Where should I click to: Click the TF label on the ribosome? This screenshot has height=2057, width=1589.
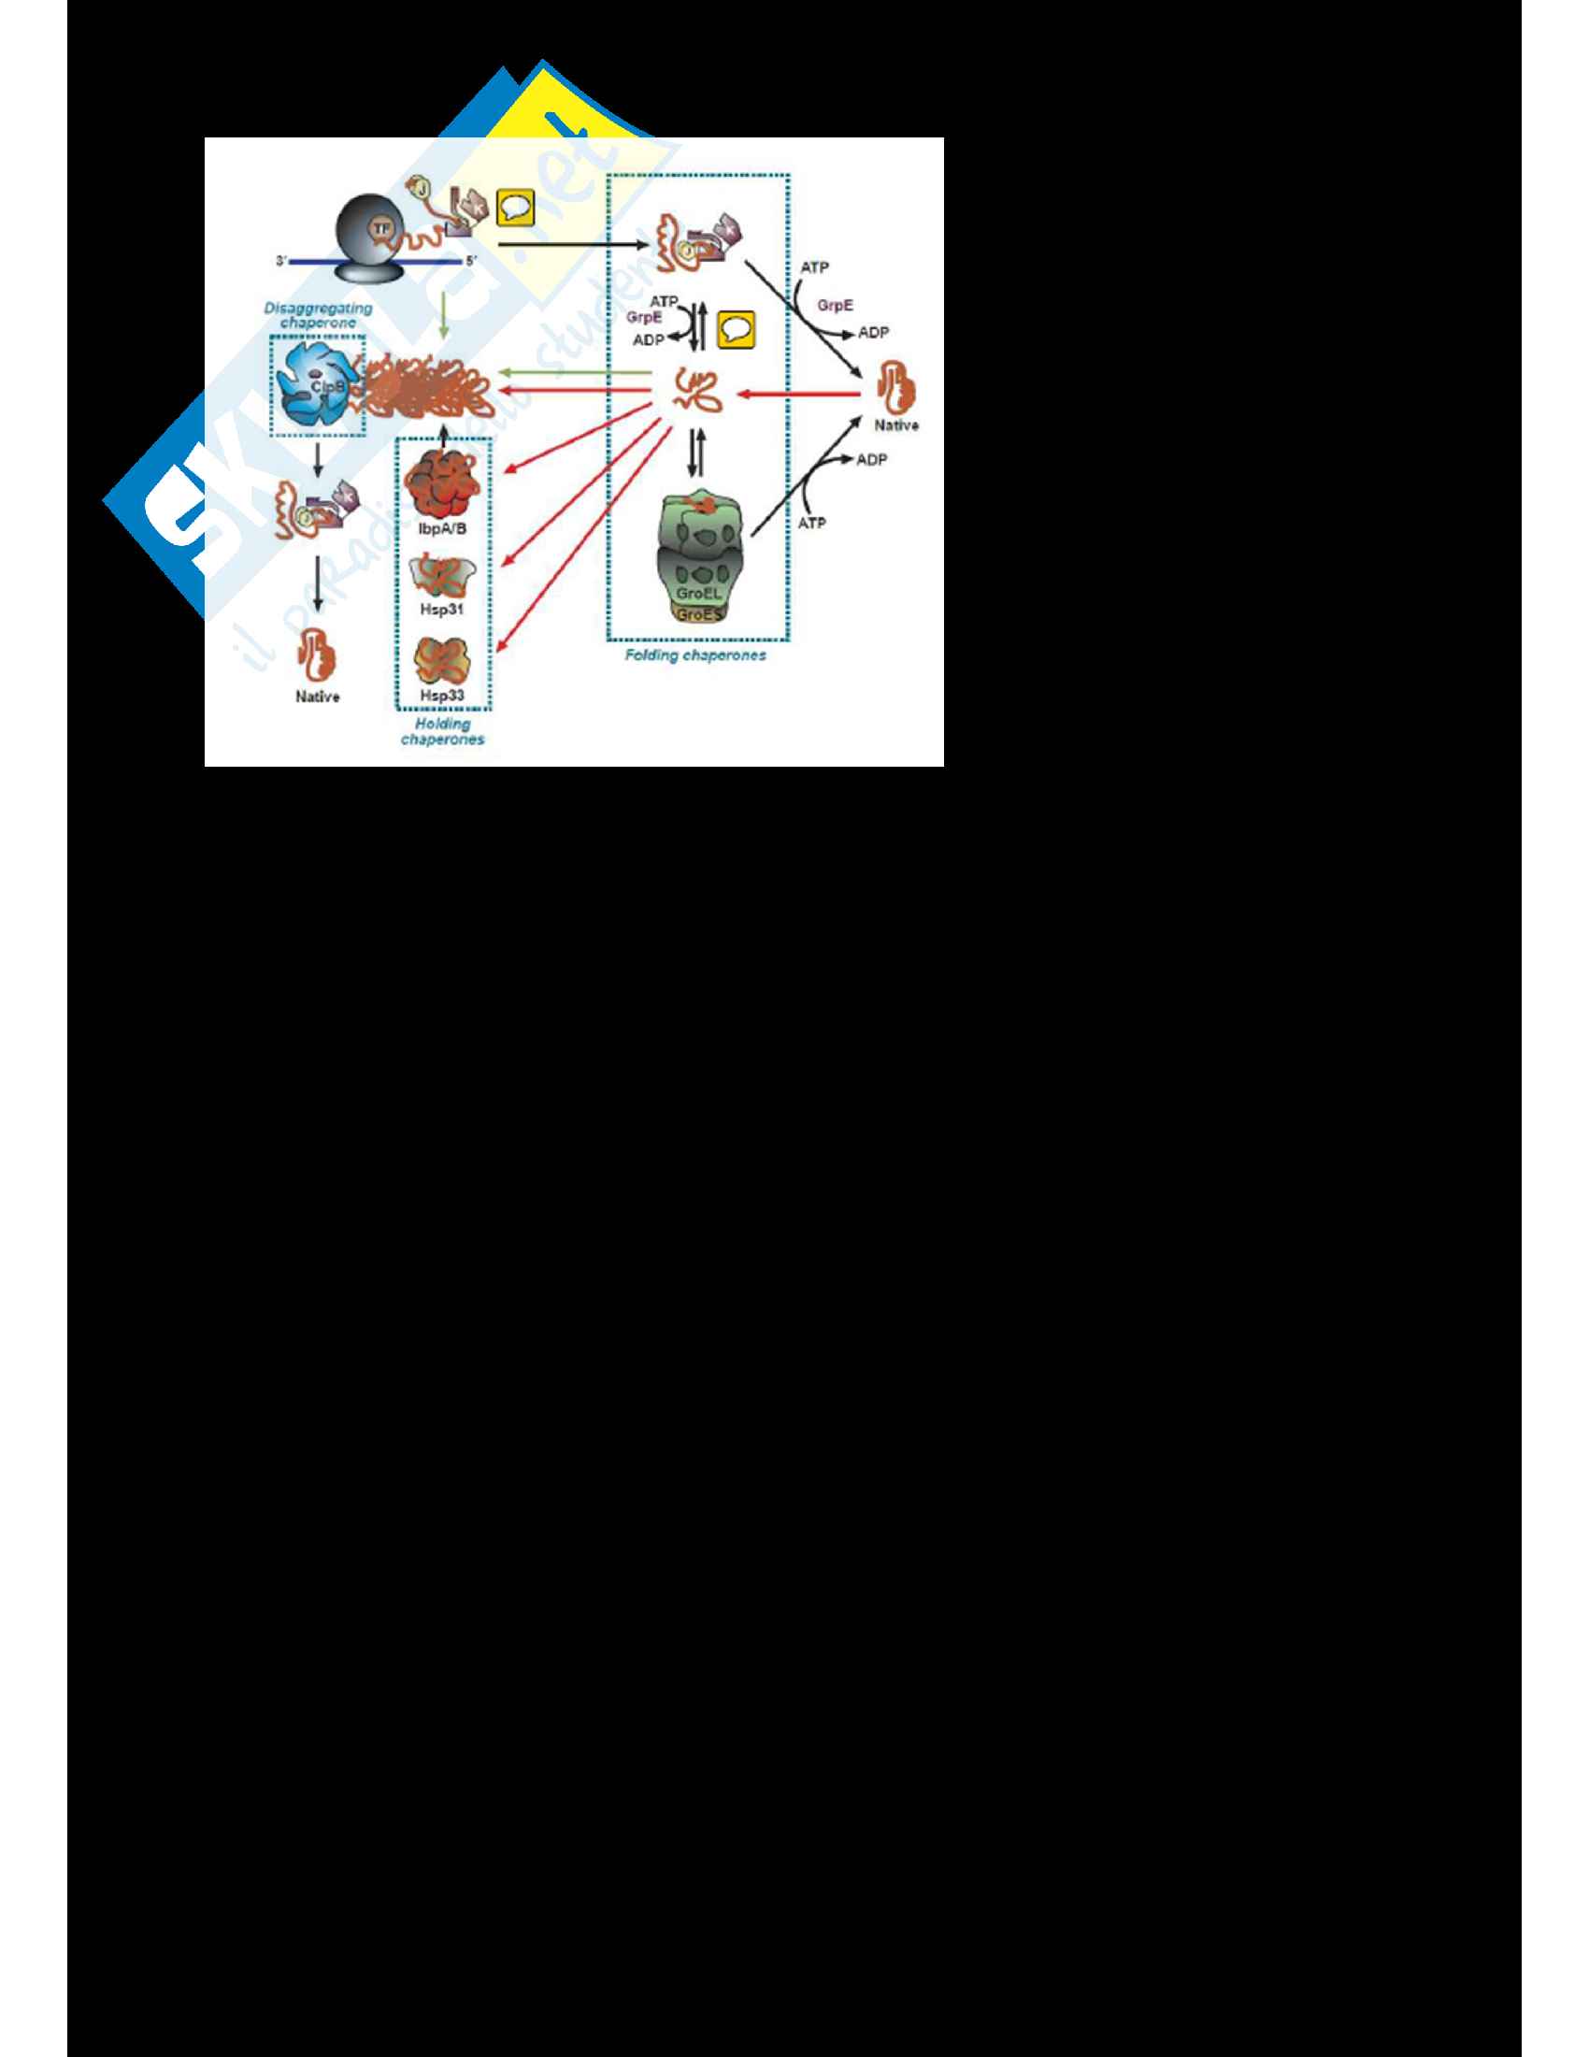pyautogui.click(x=381, y=228)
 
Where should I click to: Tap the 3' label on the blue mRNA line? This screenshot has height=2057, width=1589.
pyautogui.click(x=281, y=261)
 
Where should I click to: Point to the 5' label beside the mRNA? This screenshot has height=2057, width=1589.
pyautogui.click(x=472, y=261)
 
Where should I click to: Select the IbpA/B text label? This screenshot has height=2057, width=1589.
pyautogui.click(x=441, y=529)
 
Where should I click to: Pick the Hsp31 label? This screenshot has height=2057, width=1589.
pyautogui.click(x=441, y=610)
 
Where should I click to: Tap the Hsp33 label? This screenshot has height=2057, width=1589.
pyautogui.click(x=441, y=696)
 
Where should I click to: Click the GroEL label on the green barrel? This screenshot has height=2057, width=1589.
pyautogui.click(x=697, y=594)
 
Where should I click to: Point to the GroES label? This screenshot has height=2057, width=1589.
pyautogui.click(x=697, y=615)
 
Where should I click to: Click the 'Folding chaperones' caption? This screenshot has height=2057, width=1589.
pyautogui.click(x=695, y=655)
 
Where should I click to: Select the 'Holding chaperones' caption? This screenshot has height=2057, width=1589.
pyautogui.click(x=442, y=732)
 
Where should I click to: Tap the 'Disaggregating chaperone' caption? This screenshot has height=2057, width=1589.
pyautogui.click(x=318, y=315)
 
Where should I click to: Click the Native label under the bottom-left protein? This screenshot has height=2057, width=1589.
pyautogui.click(x=317, y=697)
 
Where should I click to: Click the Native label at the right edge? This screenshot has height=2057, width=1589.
pyautogui.click(x=896, y=425)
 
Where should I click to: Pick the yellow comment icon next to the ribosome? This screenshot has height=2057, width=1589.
pyautogui.click(x=515, y=208)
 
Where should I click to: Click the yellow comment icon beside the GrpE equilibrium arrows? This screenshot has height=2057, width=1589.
pyautogui.click(x=737, y=330)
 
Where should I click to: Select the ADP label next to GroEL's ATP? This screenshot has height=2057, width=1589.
pyautogui.click(x=871, y=460)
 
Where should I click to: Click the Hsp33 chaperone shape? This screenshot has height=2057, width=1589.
pyautogui.click(x=442, y=660)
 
